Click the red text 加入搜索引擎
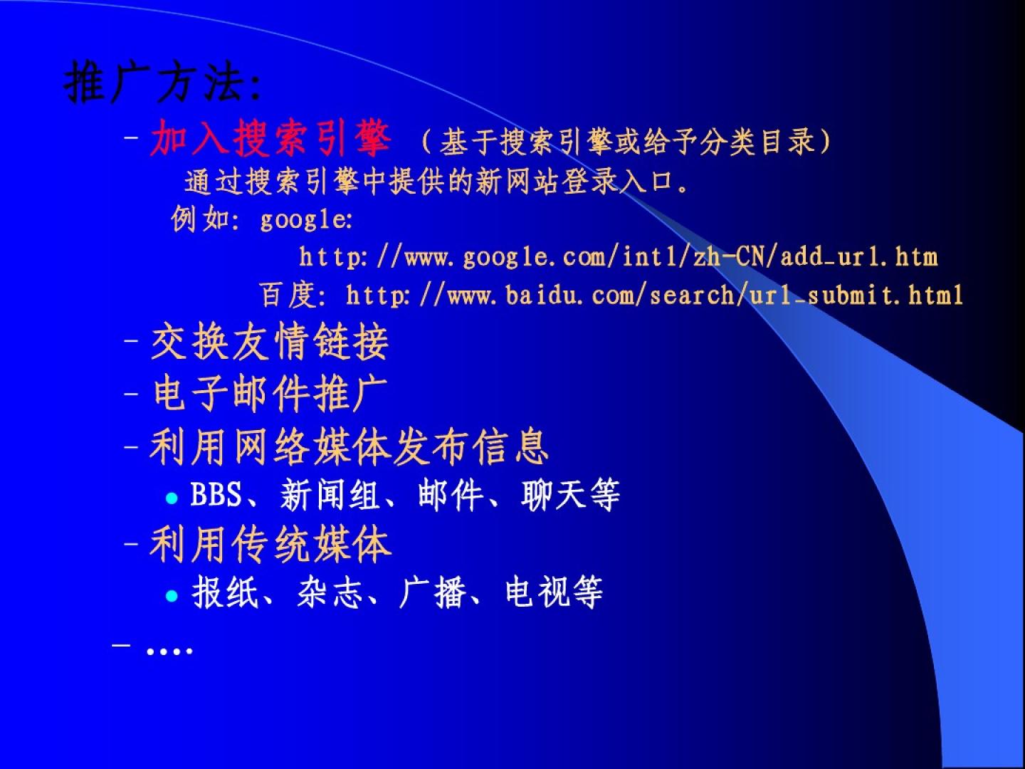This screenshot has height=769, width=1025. (x=270, y=137)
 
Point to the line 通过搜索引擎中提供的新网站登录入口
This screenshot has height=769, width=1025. (x=429, y=181)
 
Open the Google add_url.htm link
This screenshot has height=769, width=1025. (x=619, y=258)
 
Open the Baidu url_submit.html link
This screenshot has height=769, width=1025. (x=654, y=295)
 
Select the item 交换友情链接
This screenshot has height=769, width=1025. (x=270, y=342)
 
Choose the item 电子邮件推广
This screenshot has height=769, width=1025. (x=270, y=394)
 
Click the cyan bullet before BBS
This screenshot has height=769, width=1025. (x=172, y=498)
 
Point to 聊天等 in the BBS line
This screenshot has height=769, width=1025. (x=571, y=494)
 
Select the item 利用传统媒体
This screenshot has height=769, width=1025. (x=270, y=544)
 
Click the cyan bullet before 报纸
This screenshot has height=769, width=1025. (x=172, y=595)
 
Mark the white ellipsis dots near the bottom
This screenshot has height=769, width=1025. (x=169, y=650)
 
